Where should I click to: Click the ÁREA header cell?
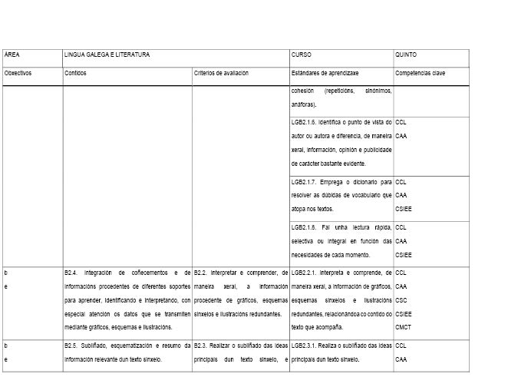[12, 55]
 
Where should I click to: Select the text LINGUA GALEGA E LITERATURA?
[107, 55]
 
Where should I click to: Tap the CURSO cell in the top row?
[302, 55]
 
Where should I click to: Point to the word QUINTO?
[407, 55]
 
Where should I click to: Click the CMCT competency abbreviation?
[404, 326]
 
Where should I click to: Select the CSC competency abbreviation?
[401, 299]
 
